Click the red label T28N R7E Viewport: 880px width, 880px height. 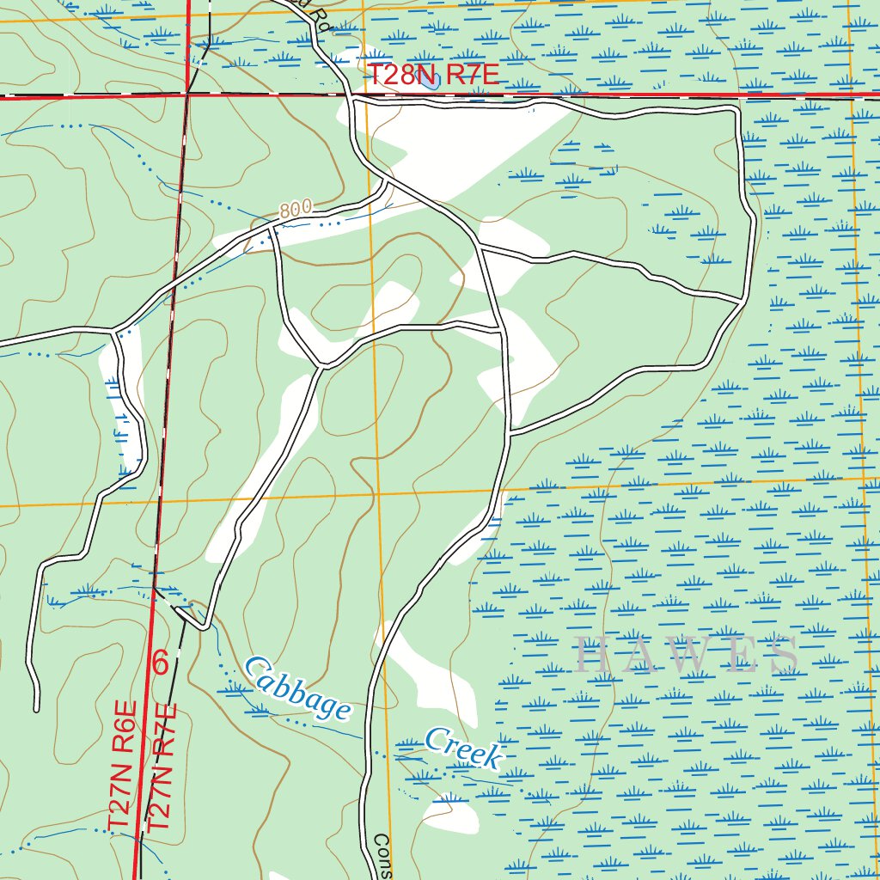click(x=433, y=75)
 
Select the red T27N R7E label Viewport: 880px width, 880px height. click(x=162, y=767)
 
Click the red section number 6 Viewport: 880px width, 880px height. click(x=160, y=663)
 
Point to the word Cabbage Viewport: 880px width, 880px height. click(x=297, y=687)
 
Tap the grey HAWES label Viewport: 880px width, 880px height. click(x=687, y=655)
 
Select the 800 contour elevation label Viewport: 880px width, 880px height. click(x=295, y=209)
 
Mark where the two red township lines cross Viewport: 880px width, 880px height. click(x=187, y=95)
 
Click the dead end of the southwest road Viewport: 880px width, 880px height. click(x=36, y=709)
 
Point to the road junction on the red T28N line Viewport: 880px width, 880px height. click(x=353, y=100)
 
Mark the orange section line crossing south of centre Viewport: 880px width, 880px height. click(x=376, y=494)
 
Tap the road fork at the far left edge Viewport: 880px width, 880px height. click(x=116, y=329)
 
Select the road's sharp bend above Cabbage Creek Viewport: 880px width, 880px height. click(x=204, y=626)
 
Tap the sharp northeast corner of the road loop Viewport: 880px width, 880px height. click(x=736, y=109)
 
